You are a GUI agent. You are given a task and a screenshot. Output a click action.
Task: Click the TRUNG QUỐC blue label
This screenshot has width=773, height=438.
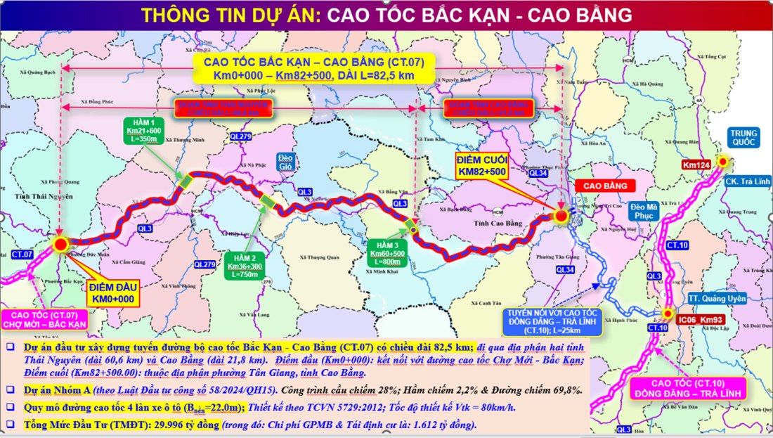(743, 139)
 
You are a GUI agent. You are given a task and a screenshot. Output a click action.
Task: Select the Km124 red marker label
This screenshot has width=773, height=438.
(696, 165)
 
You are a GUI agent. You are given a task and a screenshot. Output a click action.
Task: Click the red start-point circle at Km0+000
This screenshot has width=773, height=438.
(60, 244)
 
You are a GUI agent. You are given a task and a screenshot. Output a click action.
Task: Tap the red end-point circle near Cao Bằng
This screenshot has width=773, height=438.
(561, 217)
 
